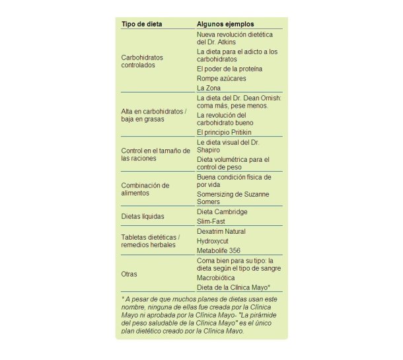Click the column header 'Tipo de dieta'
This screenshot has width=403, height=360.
[141, 24]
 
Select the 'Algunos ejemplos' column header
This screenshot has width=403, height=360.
[225, 24]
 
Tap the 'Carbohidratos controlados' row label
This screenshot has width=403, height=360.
[142, 61]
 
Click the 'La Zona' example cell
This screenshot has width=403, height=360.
[209, 88]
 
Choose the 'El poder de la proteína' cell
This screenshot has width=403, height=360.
[229, 69]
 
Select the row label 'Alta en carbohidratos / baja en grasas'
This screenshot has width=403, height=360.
[154, 116]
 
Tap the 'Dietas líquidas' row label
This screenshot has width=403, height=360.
[143, 216]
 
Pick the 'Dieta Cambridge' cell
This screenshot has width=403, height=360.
[222, 211]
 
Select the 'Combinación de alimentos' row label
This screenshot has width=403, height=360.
[145, 190]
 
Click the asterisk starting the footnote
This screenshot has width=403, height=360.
[123, 299]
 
